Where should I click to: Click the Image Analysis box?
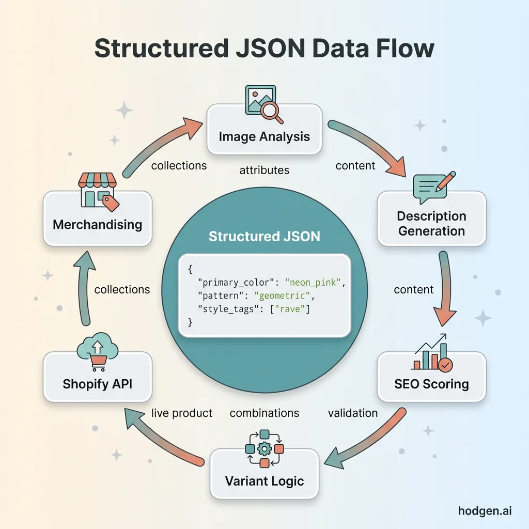coord(264,136)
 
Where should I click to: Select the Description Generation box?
coord(431,223)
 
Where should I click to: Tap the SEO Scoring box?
coord(431,384)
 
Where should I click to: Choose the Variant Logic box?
coord(264,480)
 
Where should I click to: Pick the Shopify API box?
coord(97,384)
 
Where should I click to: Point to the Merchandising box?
coord(97,224)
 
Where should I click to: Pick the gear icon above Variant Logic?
coord(264,447)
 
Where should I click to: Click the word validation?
coord(353,413)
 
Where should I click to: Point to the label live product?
coord(182,413)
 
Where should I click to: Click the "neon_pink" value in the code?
coord(314,283)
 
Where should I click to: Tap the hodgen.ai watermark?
coord(485,511)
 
